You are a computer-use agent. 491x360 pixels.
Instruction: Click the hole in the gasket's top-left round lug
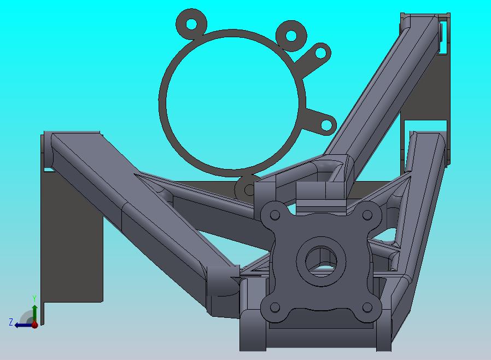pos(191,24)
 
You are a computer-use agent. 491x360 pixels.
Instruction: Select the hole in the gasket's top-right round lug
pos(291,36)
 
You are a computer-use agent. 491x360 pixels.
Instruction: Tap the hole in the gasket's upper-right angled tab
pos(320,53)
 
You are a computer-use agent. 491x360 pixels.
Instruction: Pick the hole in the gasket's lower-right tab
pos(326,125)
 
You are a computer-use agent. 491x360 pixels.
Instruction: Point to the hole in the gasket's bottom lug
pos(249,189)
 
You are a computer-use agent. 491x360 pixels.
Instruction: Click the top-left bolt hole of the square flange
pos(275,215)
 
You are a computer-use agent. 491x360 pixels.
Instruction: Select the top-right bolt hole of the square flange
pos(367,215)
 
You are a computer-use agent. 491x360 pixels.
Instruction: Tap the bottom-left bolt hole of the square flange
pos(275,307)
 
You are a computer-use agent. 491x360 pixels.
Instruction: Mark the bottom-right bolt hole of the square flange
pos(367,307)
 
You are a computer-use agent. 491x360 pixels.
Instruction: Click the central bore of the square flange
pos(322,261)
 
